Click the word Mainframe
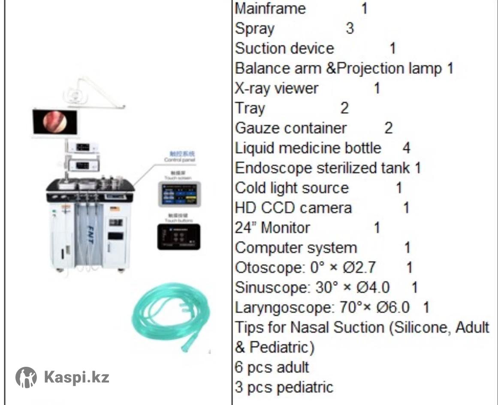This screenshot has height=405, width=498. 270,9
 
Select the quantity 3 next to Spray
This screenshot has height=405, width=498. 350,28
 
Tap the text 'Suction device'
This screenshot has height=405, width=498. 284,48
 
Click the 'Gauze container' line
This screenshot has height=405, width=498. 290,128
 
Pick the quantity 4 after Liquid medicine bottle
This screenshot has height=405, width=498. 406,148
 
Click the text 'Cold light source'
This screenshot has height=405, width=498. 292,188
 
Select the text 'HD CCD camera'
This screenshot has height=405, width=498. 293,208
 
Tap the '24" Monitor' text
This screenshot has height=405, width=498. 272,228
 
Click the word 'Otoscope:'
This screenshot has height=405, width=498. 270,268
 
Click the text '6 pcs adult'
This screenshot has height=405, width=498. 272,367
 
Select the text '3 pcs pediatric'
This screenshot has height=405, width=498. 284,387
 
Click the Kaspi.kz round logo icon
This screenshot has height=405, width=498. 26,378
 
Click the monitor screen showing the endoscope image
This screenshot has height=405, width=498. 55,122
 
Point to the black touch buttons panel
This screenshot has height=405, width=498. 178,236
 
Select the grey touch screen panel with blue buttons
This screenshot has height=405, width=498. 179,194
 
